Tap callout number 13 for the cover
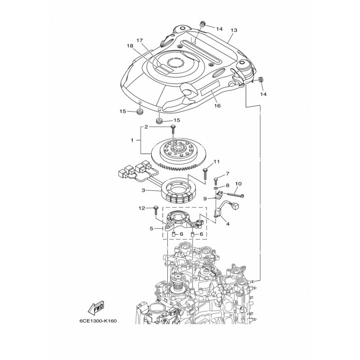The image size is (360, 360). coord(234,30)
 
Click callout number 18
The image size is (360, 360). coord(130,46)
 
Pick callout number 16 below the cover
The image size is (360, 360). coord(217,106)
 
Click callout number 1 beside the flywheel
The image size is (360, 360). coord(132,140)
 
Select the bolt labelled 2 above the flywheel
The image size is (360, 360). coord(173,130)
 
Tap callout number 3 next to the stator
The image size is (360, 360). coord(143,190)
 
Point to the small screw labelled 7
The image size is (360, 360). coord(216,181)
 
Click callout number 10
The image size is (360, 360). coord(238,184)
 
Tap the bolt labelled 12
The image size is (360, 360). coord(155,211)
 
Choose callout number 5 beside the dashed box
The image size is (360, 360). coord(151,229)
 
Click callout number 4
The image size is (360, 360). coord(228,224)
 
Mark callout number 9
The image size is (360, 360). coord(205,198)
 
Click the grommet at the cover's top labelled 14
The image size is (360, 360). coord(202,24)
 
